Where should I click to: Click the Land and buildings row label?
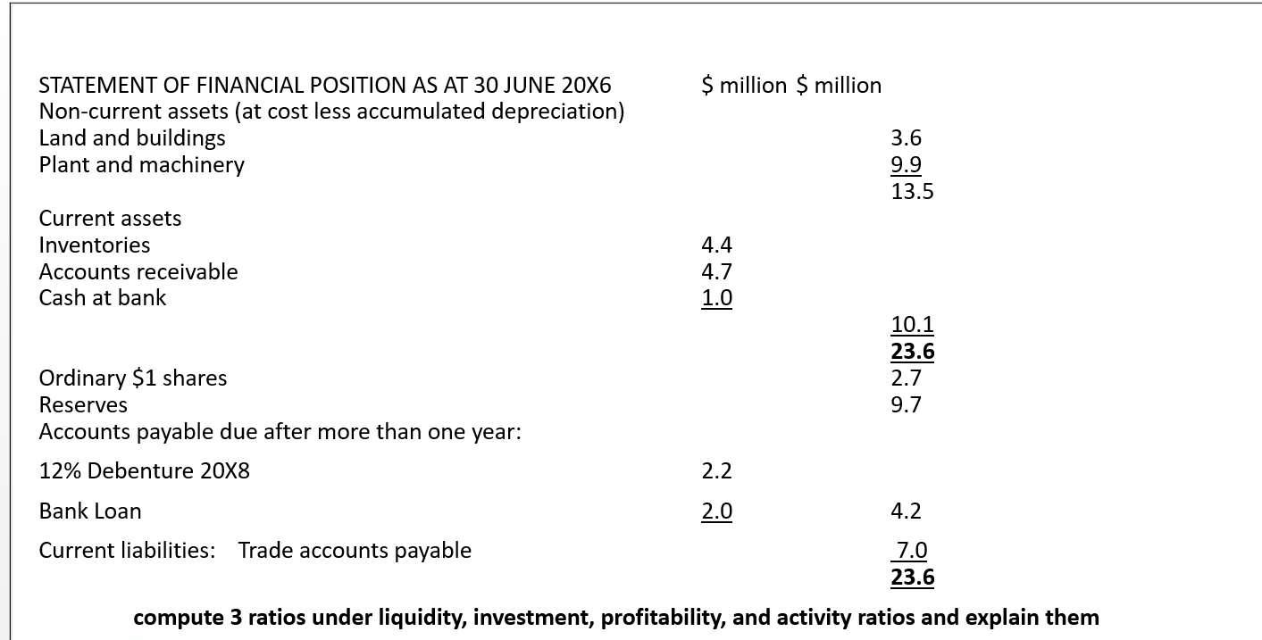[x=132, y=137]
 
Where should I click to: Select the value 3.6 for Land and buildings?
[x=906, y=137]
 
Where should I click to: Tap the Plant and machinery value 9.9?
[x=906, y=164]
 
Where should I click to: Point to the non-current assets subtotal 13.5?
[x=912, y=191]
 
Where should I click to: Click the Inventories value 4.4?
[x=716, y=245]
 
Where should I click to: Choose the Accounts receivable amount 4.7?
[x=716, y=271]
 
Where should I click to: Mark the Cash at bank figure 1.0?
[x=716, y=297]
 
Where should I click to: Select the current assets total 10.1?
[x=912, y=324]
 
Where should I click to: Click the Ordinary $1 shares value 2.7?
[x=906, y=378]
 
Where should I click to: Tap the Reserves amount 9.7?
[x=906, y=404]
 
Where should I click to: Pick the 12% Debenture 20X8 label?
[x=145, y=470]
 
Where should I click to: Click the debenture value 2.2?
[x=716, y=470]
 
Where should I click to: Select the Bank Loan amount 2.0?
[x=716, y=511]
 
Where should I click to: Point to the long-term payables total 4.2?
[x=906, y=511]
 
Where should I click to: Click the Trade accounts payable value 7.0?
[x=912, y=550]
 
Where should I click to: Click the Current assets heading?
[x=110, y=218]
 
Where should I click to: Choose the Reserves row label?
[x=83, y=404]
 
